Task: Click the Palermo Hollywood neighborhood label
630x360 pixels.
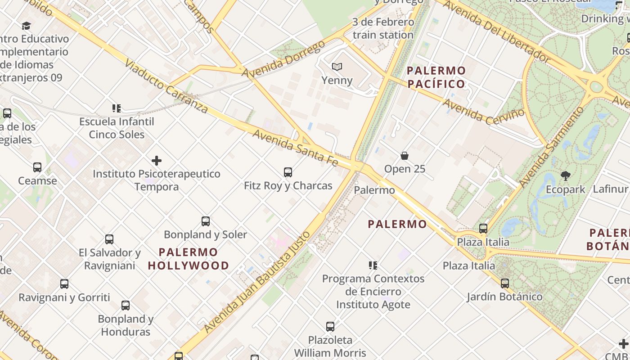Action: pos(189,259)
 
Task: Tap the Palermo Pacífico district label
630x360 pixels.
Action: pos(436,77)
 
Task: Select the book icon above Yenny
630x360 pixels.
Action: pos(337,67)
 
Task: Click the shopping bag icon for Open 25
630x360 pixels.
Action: pos(405,156)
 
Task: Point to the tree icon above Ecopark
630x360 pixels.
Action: pos(565,176)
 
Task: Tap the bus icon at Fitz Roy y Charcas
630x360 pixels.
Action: pos(288,172)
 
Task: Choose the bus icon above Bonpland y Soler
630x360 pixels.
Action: pos(206,221)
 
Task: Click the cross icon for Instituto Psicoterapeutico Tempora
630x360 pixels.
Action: pos(157,161)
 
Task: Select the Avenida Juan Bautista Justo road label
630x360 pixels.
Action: pos(257,282)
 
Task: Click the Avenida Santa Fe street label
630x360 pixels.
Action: pos(295,147)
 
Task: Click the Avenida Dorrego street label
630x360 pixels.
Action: pos(283,59)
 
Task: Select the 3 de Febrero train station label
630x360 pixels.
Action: pos(383,28)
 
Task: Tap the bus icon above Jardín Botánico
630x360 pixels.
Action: pos(505,283)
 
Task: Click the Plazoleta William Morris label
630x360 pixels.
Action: pos(330,346)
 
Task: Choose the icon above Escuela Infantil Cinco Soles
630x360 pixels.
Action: pos(117,108)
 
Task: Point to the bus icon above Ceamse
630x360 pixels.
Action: pos(37,167)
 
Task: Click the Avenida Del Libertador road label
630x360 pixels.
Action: pos(497,31)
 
